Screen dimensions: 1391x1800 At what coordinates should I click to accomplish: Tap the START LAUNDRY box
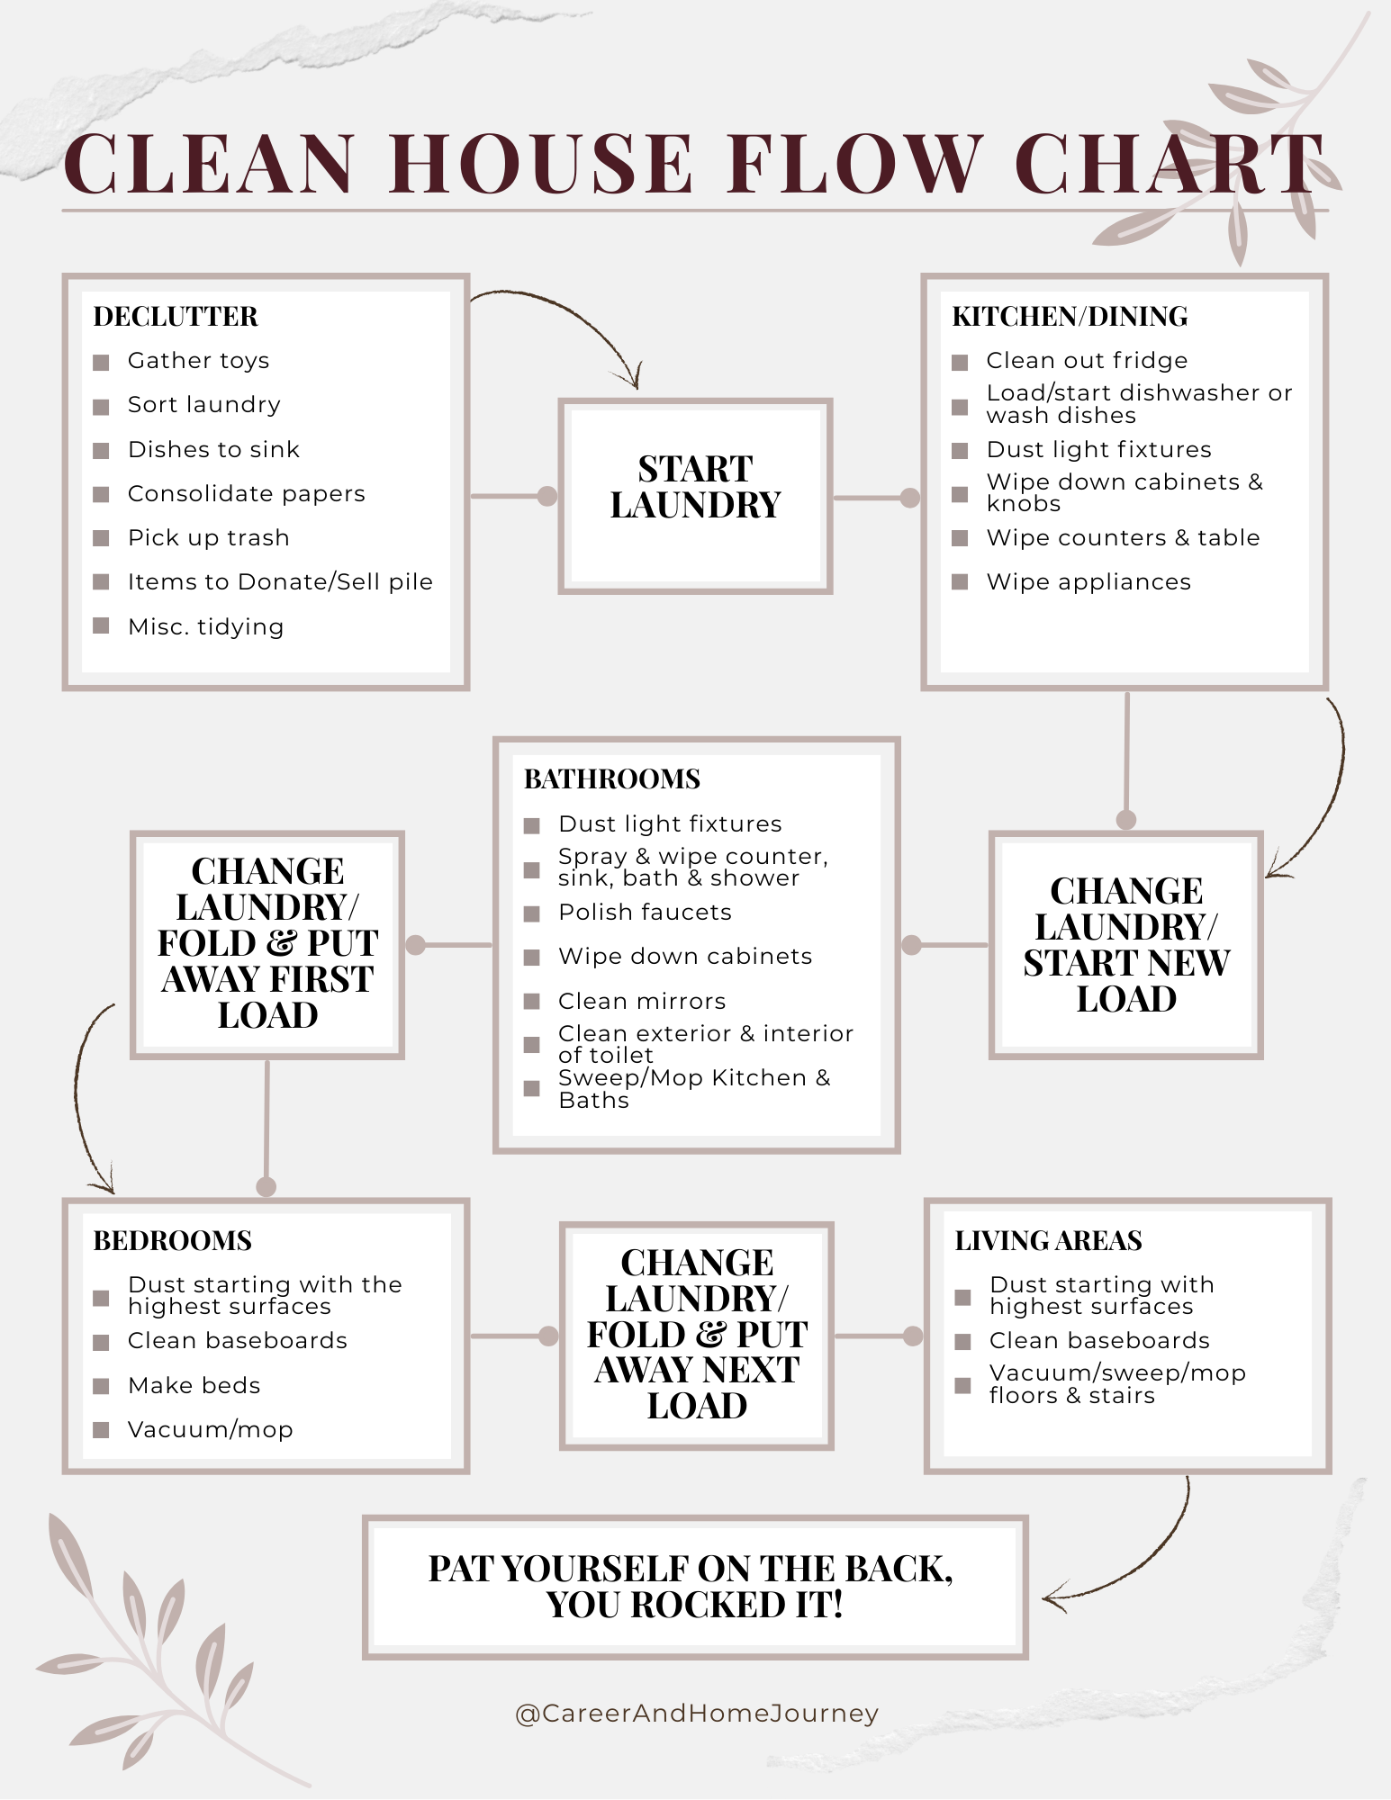click(x=695, y=496)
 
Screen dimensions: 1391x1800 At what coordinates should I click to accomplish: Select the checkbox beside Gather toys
click(x=101, y=362)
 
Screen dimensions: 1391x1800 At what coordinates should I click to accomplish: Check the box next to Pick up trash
click(x=101, y=538)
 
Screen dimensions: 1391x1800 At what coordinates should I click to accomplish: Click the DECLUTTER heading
click(x=176, y=317)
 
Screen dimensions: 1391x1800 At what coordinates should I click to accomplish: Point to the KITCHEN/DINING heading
click(x=1070, y=317)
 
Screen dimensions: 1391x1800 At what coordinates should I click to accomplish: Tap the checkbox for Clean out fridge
click(x=960, y=362)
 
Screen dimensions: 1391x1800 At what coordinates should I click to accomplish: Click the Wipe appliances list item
click(x=1088, y=582)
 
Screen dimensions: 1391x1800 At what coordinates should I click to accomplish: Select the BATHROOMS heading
click(x=612, y=779)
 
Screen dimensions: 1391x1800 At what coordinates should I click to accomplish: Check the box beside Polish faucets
click(x=532, y=913)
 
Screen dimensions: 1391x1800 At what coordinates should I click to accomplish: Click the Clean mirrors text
click(x=642, y=1001)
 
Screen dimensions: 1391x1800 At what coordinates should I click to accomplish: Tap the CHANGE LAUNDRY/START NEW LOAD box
click(x=1125, y=945)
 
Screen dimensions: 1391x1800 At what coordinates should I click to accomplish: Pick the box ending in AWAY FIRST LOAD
click(x=267, y=944)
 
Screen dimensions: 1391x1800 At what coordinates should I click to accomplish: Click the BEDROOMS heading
click(x=173, y=1241)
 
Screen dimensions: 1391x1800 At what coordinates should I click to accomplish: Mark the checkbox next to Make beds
click(x=101, y=1386)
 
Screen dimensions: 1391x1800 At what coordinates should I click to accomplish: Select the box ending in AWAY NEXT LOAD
click(x=697, y=1335)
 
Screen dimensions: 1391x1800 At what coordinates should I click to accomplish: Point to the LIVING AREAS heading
click(x=1049, y=1241)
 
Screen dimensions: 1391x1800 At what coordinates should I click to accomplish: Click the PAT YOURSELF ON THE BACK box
click(x=694, y=1587)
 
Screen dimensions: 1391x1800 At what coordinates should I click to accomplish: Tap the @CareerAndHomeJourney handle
click(x=696, y=1714)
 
